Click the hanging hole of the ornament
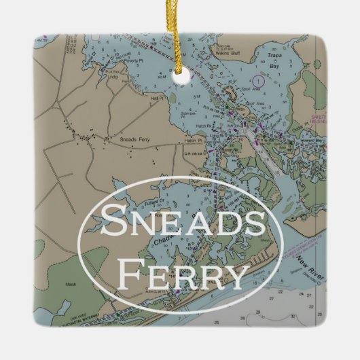181,79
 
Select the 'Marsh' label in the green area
70,284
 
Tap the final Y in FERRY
234,275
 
